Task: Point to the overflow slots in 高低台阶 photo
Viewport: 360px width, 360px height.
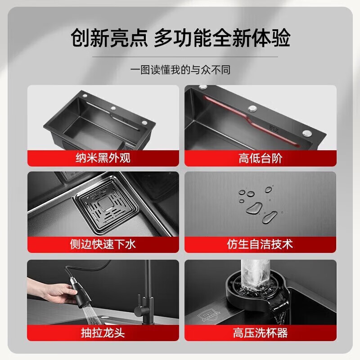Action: coord(273,128)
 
